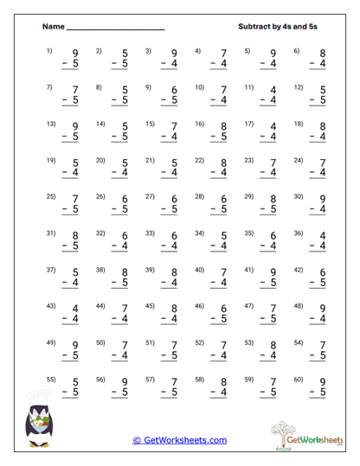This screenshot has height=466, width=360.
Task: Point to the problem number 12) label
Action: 299,87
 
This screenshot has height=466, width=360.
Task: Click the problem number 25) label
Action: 50,197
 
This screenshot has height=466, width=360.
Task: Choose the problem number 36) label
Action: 299,233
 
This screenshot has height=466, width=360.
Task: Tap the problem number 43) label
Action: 50,307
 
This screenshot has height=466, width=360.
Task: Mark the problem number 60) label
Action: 299,380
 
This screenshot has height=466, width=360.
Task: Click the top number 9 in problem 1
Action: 75,54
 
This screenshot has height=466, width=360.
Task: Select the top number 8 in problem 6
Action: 323,54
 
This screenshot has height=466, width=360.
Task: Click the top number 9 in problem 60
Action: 323,384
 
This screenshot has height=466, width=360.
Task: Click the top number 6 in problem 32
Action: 125,237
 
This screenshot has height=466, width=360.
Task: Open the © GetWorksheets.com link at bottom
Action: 180,440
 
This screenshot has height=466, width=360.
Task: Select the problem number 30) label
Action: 299,197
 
